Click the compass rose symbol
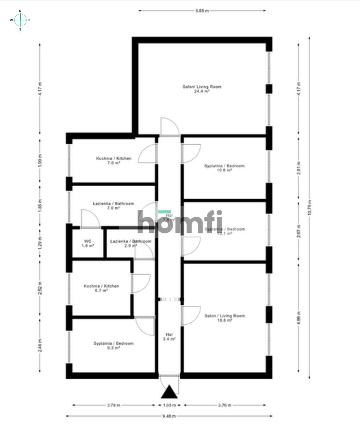pos(20,20)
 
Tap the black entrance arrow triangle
pos(169,392)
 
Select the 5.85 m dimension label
pos(202,11)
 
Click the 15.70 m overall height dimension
pos(310,207)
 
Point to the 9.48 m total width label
pos(169,416)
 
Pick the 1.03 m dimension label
pos(169,405)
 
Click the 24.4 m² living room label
pos(202,89)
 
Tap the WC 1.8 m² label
pos(88,243)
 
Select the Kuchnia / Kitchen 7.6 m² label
pos(114,161)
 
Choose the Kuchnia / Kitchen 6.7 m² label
pos(101,288)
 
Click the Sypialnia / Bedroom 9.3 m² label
pos(114,345)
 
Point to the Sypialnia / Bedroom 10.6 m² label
pos(224,168)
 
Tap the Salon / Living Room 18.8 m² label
pos(224,318)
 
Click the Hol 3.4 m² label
pos(169,337)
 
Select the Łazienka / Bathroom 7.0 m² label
pos(113,205)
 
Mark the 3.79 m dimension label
pos(114,405)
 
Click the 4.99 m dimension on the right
pos(299,318)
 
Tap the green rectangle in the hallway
pos(165,212)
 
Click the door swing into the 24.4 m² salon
pos(169,127)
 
